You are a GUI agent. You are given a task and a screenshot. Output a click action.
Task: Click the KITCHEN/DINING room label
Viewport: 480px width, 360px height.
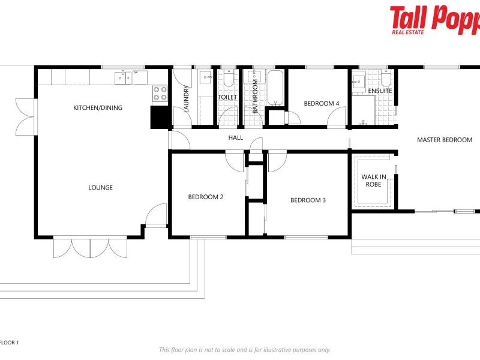(x=98, y=108)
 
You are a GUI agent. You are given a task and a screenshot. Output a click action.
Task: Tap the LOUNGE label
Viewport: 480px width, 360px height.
(x=101, y=188)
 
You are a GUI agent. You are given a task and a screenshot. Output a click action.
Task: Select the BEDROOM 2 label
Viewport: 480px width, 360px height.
(x=206, y=197)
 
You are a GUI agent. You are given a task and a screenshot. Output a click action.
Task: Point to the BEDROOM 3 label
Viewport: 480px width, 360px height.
(x=308, y=200)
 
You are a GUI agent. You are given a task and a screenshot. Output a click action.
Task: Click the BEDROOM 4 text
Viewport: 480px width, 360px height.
(x=322, y=104)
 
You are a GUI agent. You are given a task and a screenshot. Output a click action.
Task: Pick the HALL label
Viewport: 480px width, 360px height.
(x=236, y=138)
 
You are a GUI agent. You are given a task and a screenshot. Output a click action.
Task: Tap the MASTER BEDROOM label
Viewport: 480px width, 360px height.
(x=445, y=140)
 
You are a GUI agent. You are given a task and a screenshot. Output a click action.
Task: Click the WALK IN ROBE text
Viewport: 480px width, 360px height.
(x=374, y=181)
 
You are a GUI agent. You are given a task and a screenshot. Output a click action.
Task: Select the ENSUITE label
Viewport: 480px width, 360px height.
(x=380, y=91)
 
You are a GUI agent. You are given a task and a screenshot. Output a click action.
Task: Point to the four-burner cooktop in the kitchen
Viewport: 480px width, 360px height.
(x=160, y=93)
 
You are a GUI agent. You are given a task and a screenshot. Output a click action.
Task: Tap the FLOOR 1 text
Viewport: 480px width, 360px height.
(x=9, y=343)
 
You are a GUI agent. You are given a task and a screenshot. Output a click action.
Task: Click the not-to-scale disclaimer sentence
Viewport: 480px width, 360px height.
(x=244, y=350)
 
